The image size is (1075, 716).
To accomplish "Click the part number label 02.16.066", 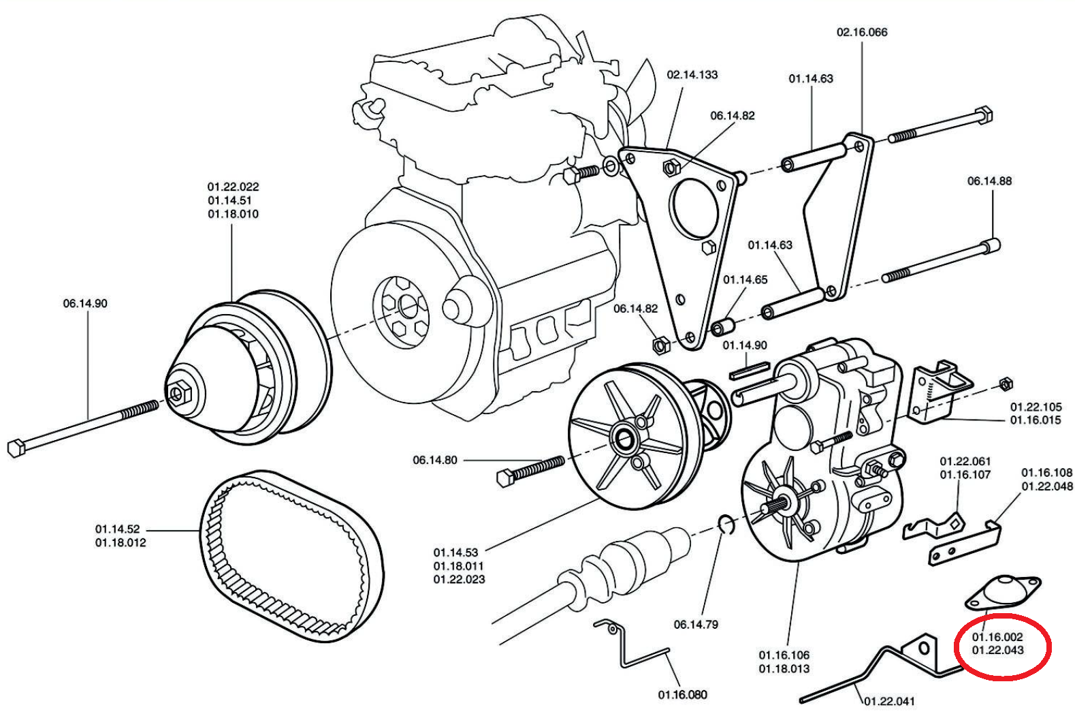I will coord(861,32).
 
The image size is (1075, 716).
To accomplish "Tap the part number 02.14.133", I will coord(692,74).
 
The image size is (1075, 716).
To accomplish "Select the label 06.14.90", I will coord(85,303).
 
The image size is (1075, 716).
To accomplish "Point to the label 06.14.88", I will coord(989,181).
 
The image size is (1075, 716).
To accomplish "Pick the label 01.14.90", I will coord(744,345).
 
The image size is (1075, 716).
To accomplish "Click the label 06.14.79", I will coord(696,624).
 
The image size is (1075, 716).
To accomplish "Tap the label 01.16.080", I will coord(682,694).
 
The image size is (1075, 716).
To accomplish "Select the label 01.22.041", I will coord(889,701).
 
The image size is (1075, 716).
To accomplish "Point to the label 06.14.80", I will coord(434,460).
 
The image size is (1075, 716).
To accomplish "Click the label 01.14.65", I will coord(745,279).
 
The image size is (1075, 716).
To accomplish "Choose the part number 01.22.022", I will coord(233,187).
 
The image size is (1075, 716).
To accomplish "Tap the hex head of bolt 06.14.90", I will coord(17,448).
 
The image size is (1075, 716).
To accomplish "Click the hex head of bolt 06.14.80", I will coord(504,477).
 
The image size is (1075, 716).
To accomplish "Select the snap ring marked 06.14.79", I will coord(726,525).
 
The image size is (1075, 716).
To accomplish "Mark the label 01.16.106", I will coord(784,655).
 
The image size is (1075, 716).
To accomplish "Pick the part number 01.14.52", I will coord(117,529).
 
